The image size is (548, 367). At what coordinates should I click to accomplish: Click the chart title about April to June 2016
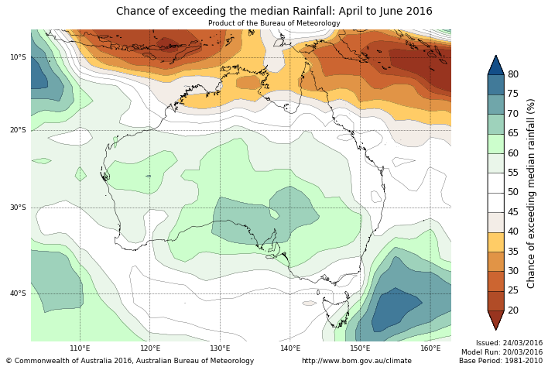coord(274,11)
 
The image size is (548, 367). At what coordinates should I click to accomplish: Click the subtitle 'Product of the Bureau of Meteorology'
coord(274,23)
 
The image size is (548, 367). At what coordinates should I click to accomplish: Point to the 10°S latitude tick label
coord(18,57)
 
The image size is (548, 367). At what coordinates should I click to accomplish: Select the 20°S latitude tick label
coord(18,130)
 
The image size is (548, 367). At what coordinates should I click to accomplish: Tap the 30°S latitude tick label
coord(18,208)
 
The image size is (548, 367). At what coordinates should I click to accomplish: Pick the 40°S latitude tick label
coord(18,293)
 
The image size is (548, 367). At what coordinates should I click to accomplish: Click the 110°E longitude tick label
coord(80,348)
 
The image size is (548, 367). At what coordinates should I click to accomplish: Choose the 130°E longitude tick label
coord(220,348)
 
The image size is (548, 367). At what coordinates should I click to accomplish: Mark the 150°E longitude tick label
coord(360,348)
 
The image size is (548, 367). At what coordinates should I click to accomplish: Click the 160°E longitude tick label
coord(430,348)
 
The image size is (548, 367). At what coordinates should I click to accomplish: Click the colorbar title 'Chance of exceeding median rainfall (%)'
coord(532,193)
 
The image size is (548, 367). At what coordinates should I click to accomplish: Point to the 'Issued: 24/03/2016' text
coord(509,342)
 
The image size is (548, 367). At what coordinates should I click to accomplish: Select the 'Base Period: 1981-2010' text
coord(501,361)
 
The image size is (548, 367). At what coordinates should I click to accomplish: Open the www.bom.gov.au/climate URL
coord(356,361)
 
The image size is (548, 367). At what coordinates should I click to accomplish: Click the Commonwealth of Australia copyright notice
coord(130,361)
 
